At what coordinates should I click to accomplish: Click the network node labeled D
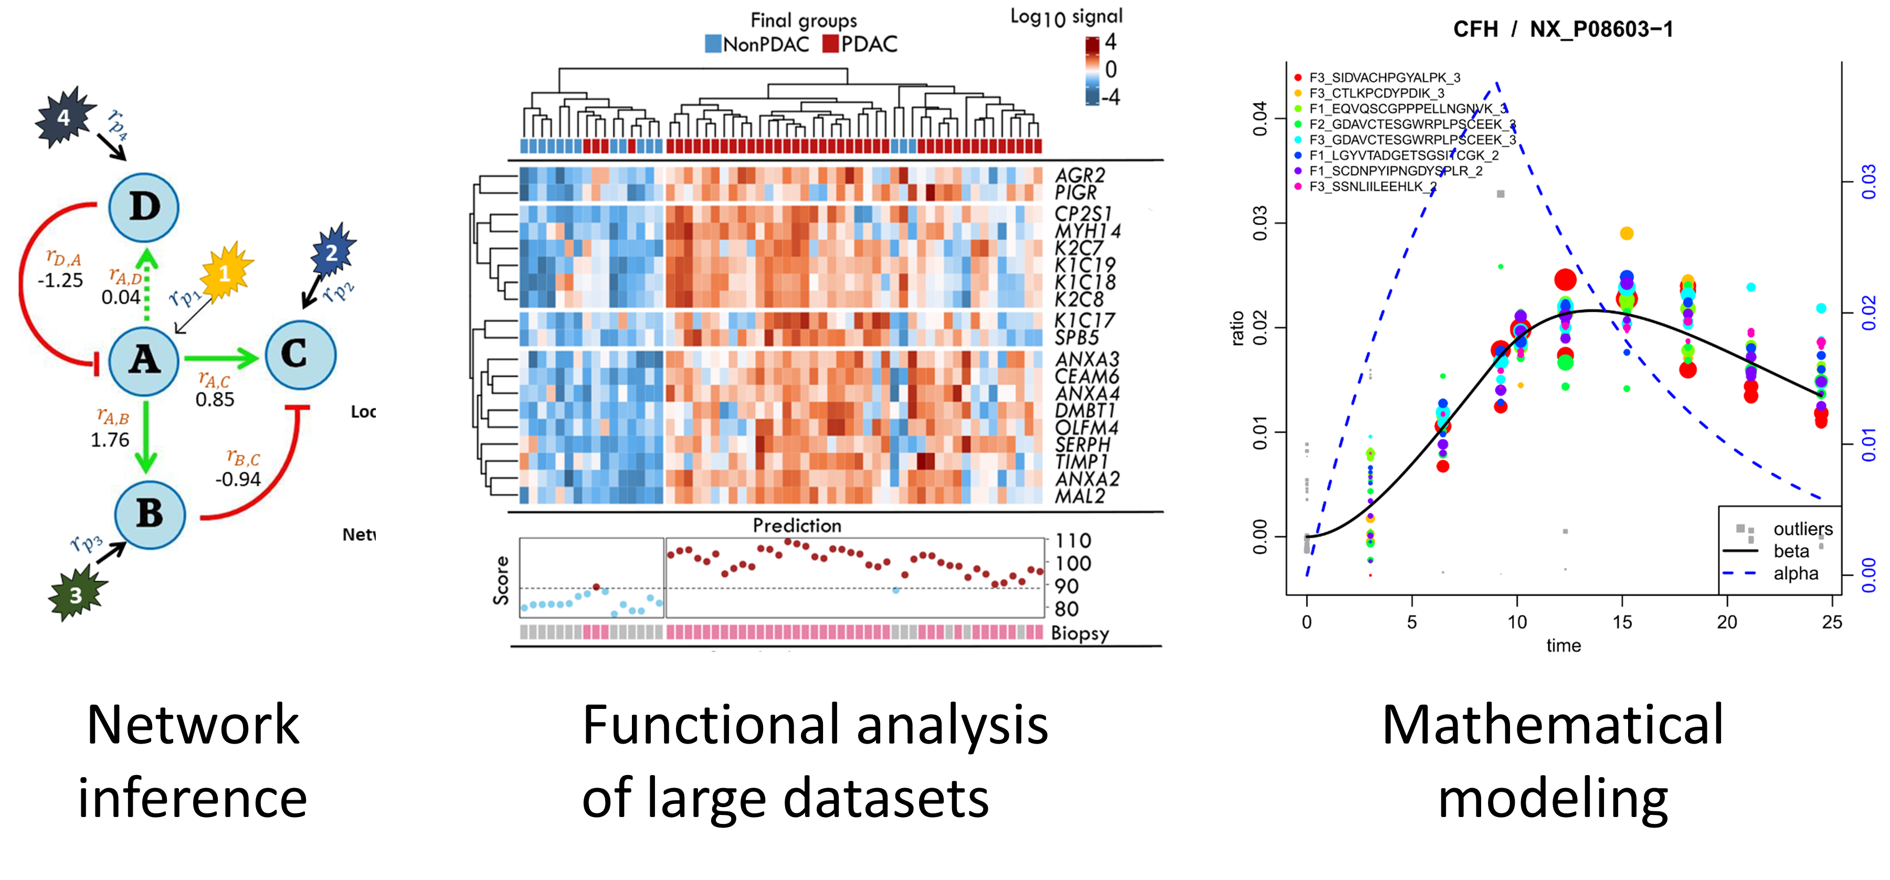(144, 207)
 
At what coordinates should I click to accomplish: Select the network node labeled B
(150, 513)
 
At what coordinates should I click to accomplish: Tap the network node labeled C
(300, 354)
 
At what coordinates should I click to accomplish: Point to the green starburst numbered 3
(76, 595)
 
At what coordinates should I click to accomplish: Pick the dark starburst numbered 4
(64, 118)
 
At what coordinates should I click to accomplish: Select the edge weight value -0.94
(238, 480)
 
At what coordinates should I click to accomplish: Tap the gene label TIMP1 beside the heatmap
(1081, 462)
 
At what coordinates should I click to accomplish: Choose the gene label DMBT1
(1084, 411)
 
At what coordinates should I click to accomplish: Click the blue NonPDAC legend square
(712, 44)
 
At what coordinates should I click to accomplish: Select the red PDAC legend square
(830, 44)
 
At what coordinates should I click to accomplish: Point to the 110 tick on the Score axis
(1073, 541)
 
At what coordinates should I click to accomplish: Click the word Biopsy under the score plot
(1079, 633)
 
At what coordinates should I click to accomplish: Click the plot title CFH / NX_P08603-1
(1563, 29)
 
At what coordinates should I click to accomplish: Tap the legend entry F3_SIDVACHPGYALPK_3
(1384, 78)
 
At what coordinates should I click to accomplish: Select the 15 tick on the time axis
(1622, 622)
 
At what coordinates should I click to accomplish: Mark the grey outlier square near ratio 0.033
(1501, 194)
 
